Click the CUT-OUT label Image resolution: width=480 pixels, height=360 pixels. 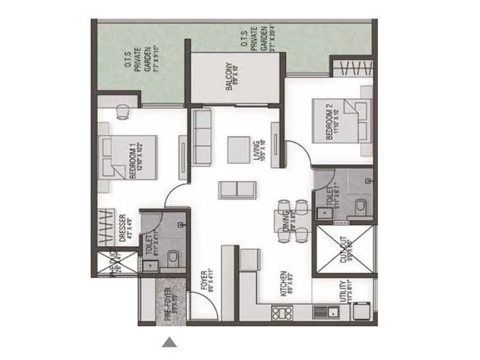click(x=343, y=249)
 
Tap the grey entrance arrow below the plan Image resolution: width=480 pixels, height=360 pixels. click(x=170, y=343)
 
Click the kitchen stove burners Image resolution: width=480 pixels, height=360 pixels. click(x=280, y=313)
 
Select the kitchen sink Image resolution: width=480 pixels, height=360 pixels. click(x=329, y=312)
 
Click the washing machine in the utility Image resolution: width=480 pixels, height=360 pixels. click(x=362, y=311)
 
